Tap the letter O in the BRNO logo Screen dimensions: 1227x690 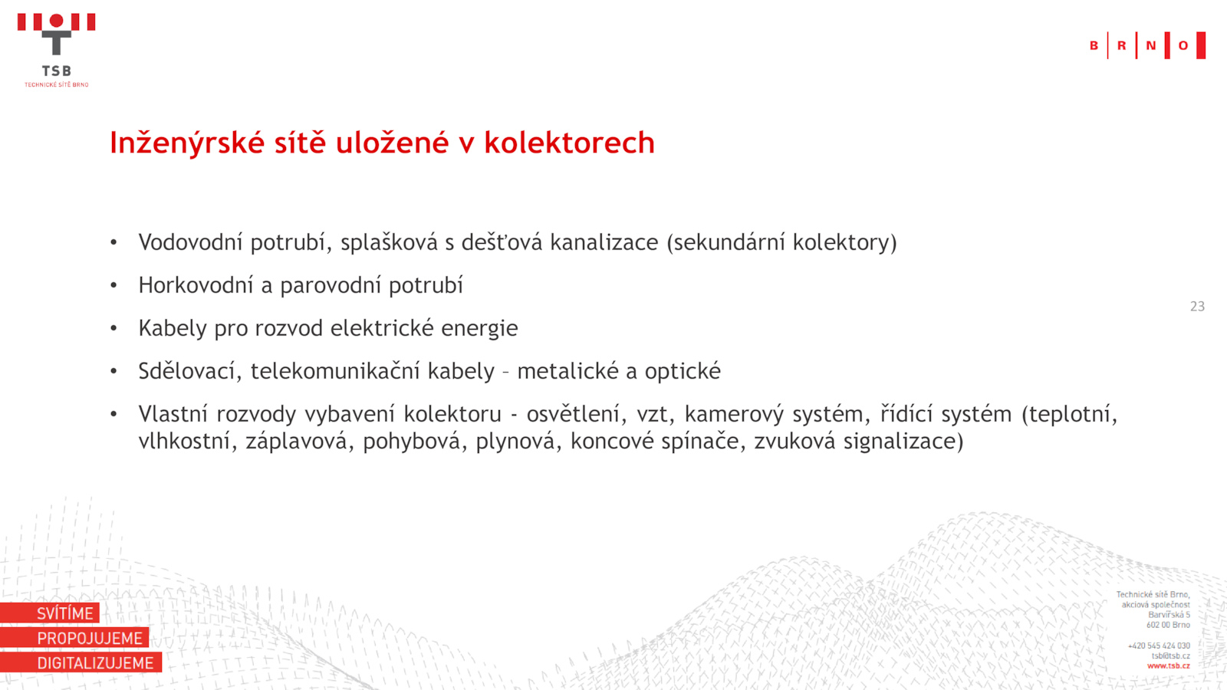tap(1183, 45)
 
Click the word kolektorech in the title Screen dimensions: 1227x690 tap(569, 143)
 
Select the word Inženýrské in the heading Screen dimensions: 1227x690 tap(188, 143)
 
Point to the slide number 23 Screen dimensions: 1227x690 tap(1197, 306)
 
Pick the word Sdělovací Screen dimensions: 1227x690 tap(190, 371)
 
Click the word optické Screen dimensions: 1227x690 tap(683, 372)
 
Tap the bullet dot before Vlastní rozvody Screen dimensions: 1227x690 tap(113, 414)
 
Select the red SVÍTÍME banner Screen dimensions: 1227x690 tap(50, 613)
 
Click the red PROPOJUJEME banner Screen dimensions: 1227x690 tap(74, 637)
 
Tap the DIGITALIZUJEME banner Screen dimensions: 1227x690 tap(81, 662)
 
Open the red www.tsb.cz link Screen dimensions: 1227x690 tap(1169, 666)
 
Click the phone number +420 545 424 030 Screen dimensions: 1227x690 tap(1159, 646)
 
